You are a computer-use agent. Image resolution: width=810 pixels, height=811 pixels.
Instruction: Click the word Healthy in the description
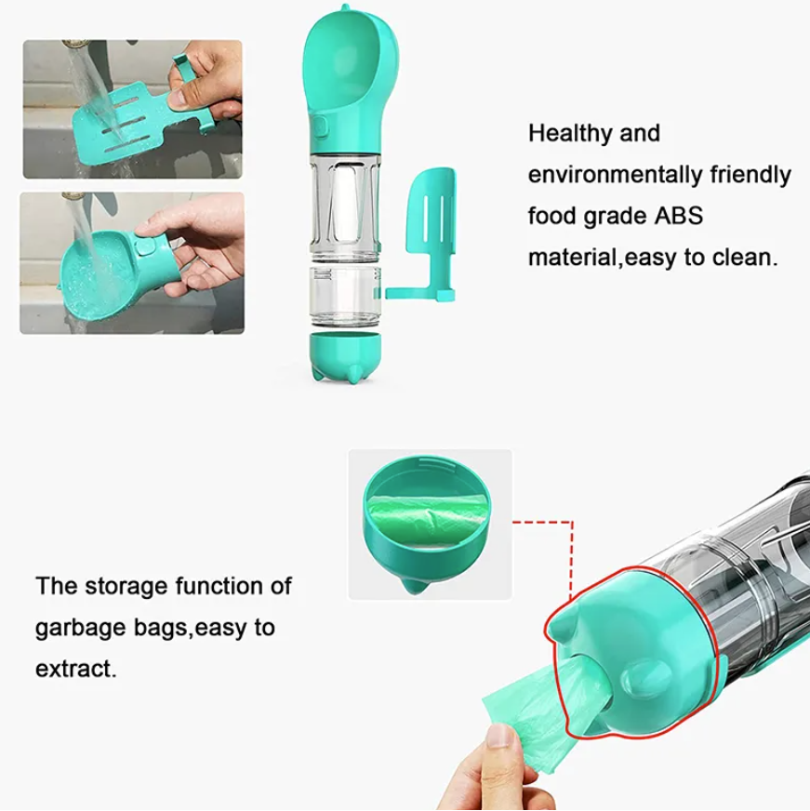tap(569, 134)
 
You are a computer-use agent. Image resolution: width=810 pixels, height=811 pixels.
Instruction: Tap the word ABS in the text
tap(679, 216)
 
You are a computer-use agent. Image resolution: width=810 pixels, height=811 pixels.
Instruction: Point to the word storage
tap(126, 587)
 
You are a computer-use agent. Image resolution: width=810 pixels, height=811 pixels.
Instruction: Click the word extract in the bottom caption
tap(75, 669)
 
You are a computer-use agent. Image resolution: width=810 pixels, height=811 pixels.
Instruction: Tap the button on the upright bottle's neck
tap(320, 127)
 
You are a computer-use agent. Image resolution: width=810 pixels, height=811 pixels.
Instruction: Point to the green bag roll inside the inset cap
tap(428, 519)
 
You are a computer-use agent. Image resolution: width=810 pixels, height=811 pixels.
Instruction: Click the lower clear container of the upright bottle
tap(346, 297)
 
